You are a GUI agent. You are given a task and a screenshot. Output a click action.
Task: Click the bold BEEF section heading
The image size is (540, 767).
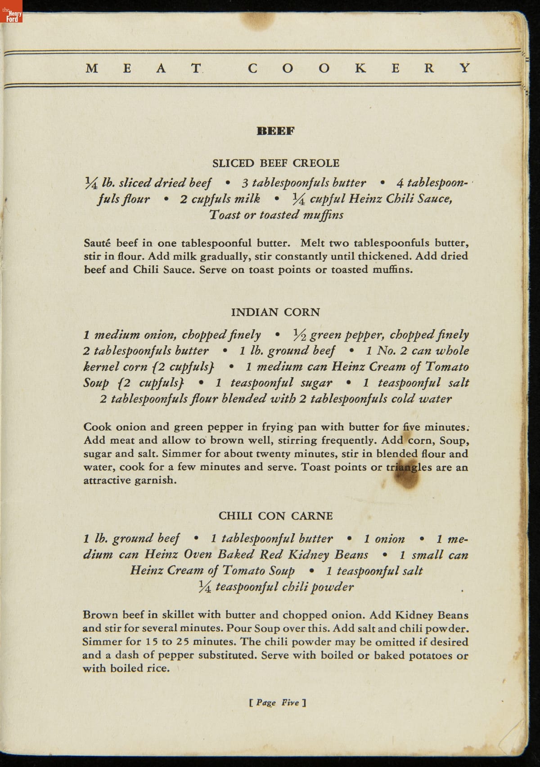275,131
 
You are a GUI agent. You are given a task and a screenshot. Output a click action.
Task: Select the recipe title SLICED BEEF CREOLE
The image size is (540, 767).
275,163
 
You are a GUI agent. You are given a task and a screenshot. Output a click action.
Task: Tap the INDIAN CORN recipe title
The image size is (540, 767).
275,312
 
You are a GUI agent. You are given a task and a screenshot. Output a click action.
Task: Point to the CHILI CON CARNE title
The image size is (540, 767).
275,516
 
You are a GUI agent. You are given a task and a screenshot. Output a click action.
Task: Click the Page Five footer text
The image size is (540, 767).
277,703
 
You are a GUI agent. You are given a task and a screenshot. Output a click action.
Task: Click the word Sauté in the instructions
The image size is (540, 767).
98,243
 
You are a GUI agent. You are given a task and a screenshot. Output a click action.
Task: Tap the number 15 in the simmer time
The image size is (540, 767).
151,642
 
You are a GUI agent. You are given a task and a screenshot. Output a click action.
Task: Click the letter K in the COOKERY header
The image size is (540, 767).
360,68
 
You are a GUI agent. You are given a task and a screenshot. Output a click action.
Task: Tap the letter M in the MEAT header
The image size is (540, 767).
92,68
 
